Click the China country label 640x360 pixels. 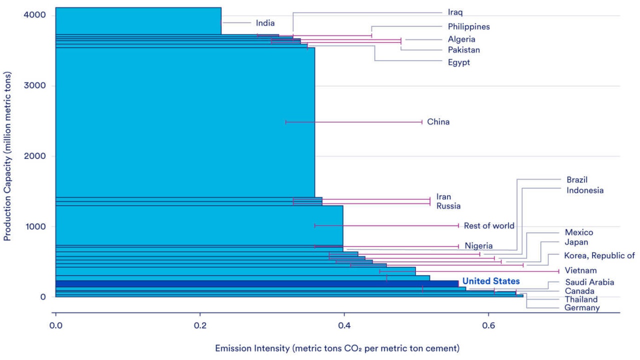click(x=438, y=122)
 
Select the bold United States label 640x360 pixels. click(x=490, y=281)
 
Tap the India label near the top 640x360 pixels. click(x=265, y=23)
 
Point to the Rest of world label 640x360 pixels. click(x=488, y=226)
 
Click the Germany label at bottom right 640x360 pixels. click(x=582, y=308)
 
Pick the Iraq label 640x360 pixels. click(x=455, y=12)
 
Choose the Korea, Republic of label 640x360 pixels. click(x=599, y=256)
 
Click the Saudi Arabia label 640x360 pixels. click(x=589, y=282)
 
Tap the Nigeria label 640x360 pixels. click(x=478, y=246)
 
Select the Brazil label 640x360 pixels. click(x=576, y=179)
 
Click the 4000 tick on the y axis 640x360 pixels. click(x=34, y=15)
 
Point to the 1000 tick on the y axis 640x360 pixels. click(x=34, y=226)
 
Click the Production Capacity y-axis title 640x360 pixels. click(x=7, y=156)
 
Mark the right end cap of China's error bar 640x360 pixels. click(x=422, y=122)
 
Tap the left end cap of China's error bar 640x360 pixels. click(x=286, y=122)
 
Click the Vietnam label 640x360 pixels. click(x=580, y=271)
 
